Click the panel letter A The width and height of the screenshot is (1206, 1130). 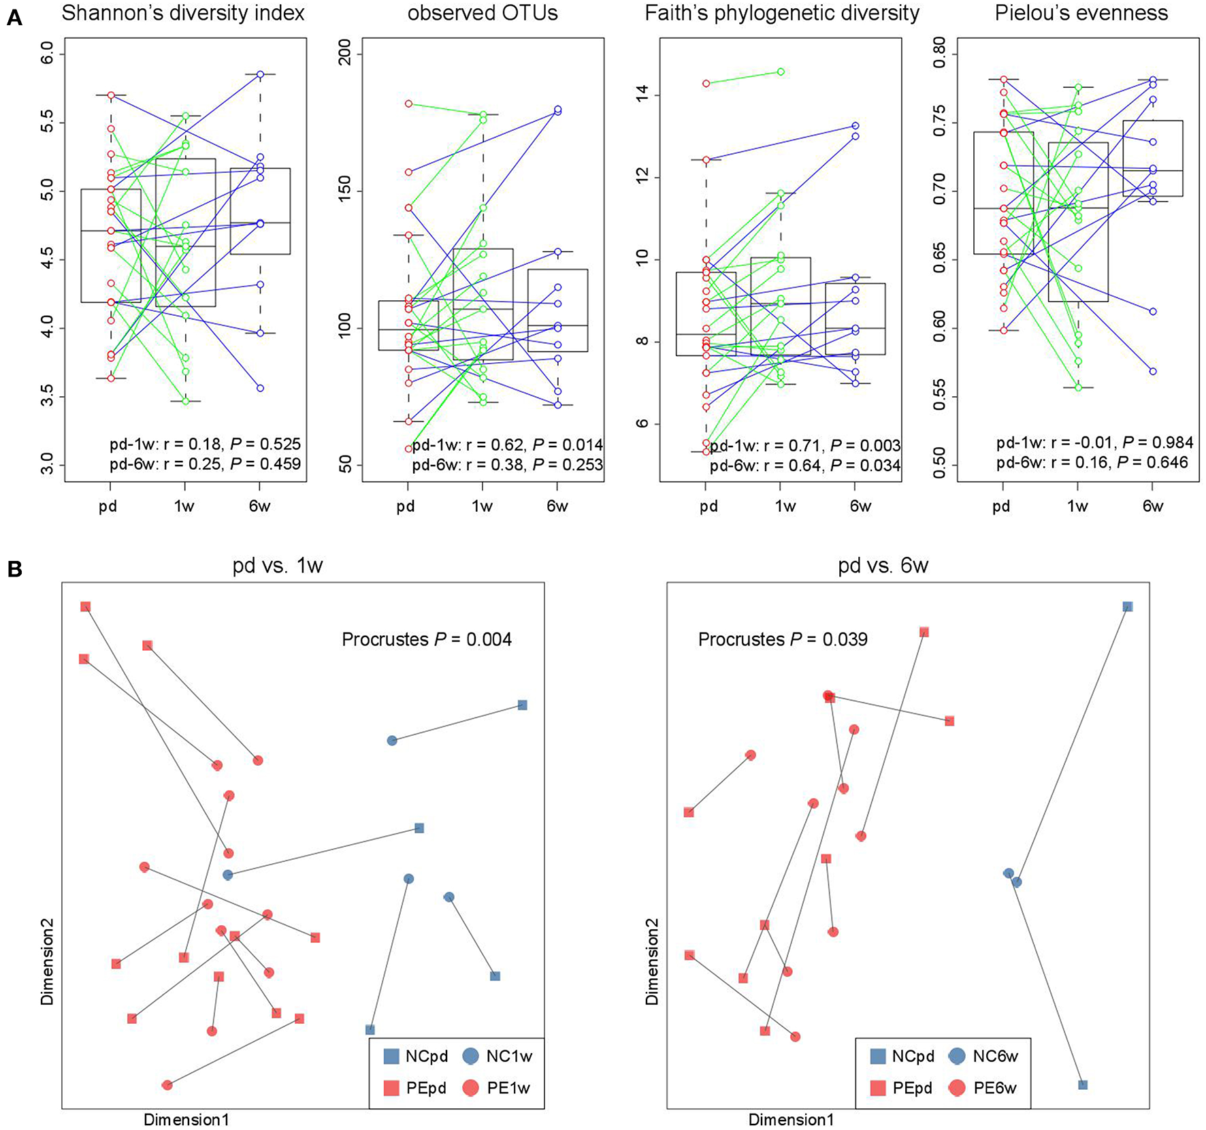[14, 18]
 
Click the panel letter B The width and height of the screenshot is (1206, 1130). [14, 569]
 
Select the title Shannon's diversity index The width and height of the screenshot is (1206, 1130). [183, 13]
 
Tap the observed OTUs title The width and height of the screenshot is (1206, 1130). [483, 13]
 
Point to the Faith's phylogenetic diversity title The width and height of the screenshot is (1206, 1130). [782, 13]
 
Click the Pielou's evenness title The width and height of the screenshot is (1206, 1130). [1081, 13]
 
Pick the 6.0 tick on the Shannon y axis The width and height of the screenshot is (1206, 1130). [47, 54]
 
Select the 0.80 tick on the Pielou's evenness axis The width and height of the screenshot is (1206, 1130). [939, 54]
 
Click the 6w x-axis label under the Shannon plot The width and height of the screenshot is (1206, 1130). [259, 506]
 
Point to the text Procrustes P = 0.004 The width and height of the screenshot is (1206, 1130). [427, 639]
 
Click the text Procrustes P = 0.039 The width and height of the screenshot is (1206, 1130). [783, 639]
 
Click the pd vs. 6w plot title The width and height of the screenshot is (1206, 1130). [883, 566]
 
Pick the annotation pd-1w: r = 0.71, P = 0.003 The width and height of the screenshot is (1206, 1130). [805, 446]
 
